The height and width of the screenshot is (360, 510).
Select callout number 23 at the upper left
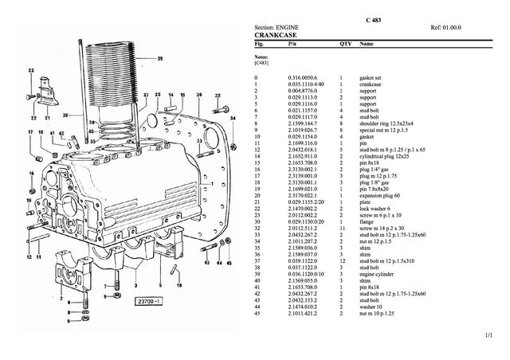click(x=31, y=71)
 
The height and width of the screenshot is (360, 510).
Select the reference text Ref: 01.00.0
click(x=448, y=28)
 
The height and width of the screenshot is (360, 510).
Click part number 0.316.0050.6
click(x=301, y=77)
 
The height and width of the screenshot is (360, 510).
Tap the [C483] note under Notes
click(x=261, y=63)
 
